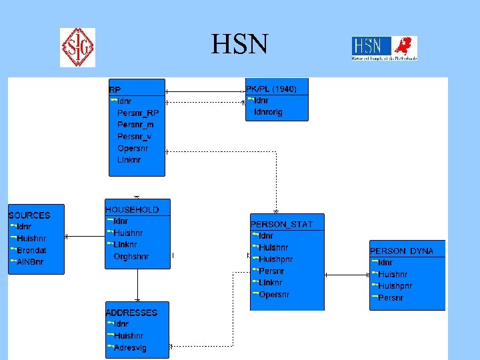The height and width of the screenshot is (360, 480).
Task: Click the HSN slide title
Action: (239, 45)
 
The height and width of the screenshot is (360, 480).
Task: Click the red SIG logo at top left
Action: (77, 47)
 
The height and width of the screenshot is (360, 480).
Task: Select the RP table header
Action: (115, 89)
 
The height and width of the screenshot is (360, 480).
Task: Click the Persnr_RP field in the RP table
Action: (138, 113)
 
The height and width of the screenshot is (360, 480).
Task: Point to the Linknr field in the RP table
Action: (129, 160)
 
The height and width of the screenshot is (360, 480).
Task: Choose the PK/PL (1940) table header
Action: (271, 89)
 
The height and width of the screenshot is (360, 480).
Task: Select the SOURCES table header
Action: (29, 215)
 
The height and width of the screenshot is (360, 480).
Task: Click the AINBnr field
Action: (30, 262)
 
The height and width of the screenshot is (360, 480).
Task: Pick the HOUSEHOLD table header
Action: (132, 209)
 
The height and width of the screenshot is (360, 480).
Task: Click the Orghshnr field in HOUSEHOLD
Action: (131, 256)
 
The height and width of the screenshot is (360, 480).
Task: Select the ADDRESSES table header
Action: (131, 312)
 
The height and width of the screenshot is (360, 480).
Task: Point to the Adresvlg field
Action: (131, 348)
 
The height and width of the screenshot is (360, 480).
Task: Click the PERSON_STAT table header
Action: (281, 224)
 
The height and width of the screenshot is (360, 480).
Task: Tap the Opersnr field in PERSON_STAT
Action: (274, 294)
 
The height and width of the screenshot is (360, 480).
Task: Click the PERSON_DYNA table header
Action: (402, 251)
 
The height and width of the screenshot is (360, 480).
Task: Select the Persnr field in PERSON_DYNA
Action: (391, 298)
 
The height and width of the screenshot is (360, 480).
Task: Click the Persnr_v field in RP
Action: (134, 136)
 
